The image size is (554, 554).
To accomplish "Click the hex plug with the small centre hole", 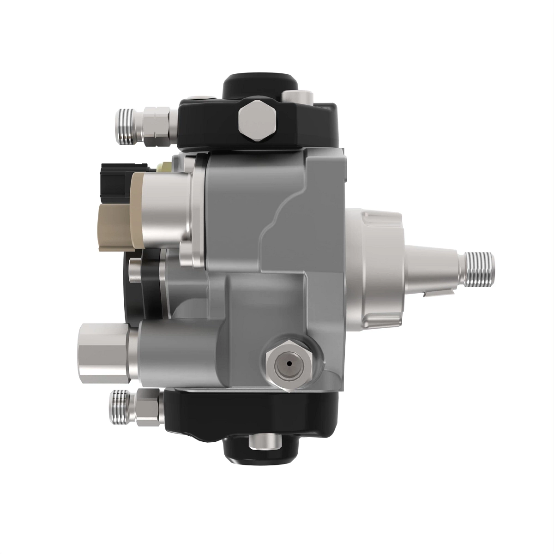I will pos(289,363).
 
